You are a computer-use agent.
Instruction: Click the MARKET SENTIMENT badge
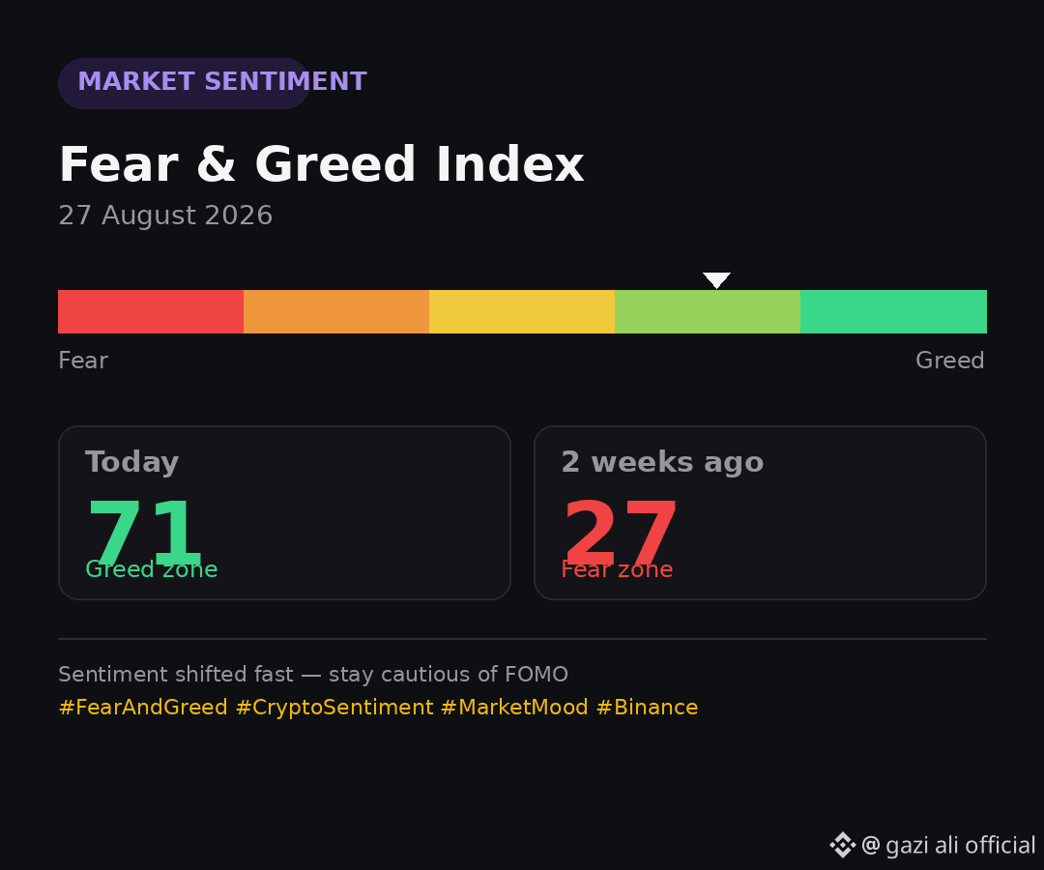coord(184,83)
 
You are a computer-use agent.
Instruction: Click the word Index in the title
coord(510,163)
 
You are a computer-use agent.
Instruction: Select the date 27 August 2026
coord(165,215)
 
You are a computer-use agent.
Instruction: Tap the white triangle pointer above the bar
coord(716,279)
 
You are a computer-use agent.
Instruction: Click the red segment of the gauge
coord(151,311)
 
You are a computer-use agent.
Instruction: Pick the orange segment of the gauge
coord(336,311)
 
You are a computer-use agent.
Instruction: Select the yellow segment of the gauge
coord(522,311)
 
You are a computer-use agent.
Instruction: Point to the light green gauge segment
coord(707,311)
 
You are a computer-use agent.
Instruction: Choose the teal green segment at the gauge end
coord(893,311)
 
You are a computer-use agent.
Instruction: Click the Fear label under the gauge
coord(83,361)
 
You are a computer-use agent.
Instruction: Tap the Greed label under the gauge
coord(949,361)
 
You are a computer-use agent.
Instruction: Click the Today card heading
coord(131,462)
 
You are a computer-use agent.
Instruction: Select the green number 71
coord(144,532)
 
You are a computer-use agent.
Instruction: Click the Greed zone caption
coord(151,569)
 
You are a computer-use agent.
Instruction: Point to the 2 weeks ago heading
coord(662,462)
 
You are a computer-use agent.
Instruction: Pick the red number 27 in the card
coord(620,532)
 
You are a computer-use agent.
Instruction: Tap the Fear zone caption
coord(617,569)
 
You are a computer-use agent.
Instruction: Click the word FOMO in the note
coord(536,675)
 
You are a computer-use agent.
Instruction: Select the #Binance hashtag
coord(647,707)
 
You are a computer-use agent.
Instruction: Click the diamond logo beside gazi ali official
coord(842,845)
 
